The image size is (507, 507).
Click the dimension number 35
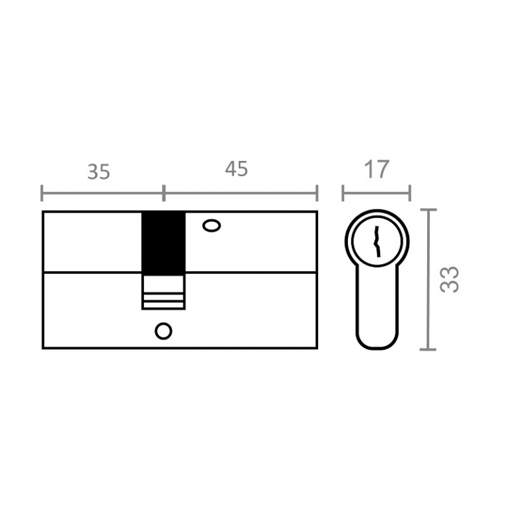coord(98,172)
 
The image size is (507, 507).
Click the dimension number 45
coord(236,169)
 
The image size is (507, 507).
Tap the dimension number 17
coord(377,169)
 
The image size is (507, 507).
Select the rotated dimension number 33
coord(450,279)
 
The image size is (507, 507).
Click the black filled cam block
coord(164,242)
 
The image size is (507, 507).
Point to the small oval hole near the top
coord(212,225)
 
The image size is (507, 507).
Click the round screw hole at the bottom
coord(163,331)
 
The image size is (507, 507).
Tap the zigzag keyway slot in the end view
coord(377,242)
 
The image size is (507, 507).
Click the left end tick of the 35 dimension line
coord(42,193)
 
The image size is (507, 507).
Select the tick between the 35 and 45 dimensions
coord(164,193)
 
